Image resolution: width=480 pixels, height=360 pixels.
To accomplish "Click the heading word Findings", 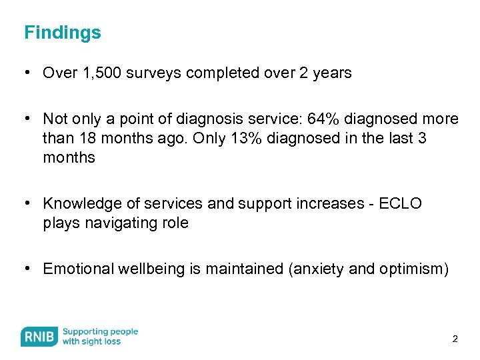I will click(x=63, y=33).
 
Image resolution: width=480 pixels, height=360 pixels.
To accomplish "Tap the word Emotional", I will click(x=78, y=269).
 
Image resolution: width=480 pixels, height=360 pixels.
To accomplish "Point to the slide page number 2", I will click(x=455, y=339).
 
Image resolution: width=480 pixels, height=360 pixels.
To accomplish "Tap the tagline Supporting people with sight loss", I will click(x=100, y=337).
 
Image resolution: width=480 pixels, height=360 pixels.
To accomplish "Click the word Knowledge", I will click(x=82, y=203).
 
